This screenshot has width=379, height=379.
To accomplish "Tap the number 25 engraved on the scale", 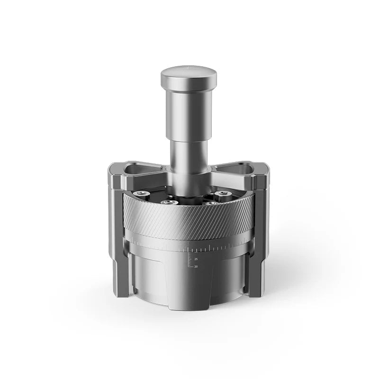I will click(196, 259).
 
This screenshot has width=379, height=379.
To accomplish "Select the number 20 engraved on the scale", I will click(196, 266).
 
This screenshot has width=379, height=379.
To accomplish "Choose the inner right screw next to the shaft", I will click(210, 203).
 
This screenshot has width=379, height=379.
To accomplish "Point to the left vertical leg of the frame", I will click(118, 237).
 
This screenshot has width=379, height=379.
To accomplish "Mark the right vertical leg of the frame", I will click(260, 237).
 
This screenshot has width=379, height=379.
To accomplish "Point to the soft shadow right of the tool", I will click(298, 275).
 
